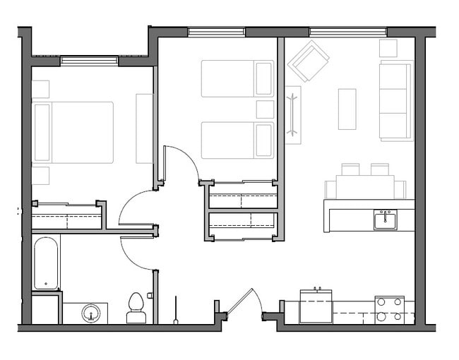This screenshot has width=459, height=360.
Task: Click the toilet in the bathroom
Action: click(136, 308)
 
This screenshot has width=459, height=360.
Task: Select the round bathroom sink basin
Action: click(90, 313)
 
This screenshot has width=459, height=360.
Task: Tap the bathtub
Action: click(46, 263)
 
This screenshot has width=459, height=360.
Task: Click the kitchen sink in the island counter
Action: click(385, 220)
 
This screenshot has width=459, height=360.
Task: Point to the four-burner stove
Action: click(389, 310)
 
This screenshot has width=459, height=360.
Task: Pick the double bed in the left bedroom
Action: click(73, 132)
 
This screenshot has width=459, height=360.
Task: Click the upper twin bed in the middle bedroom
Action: click(237, 78)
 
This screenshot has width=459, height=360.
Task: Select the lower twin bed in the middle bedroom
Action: click(237, 140)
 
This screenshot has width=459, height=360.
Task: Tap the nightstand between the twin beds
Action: click(265, 109)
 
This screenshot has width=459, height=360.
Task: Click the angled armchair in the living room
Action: click(308, 60)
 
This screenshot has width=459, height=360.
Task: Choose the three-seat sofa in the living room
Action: click(395, 100)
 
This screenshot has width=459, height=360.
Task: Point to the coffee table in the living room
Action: click(347, 109)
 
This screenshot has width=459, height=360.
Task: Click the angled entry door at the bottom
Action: click(240, 301)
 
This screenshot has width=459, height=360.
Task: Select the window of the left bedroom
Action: click(89, 61)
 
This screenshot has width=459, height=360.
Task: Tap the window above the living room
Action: click(347, 32)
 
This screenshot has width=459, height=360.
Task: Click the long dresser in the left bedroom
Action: click(144, 128)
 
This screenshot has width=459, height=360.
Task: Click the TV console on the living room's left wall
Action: click(293, 114)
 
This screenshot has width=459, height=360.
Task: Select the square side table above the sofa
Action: click(388, 48)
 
